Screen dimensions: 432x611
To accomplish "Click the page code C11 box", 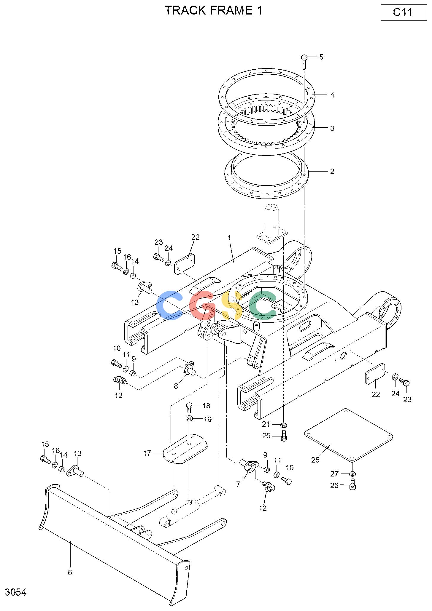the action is click(x=404, y=12).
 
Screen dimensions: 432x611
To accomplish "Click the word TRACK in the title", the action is click(x=185, y=10).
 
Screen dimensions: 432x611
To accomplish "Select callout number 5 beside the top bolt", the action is click(x=321, y=57).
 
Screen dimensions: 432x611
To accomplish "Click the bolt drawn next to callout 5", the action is click(x=304, y=62).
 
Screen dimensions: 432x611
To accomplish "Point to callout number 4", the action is click(x=332, y=95).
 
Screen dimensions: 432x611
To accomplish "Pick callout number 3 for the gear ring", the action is click(x=332, y=128).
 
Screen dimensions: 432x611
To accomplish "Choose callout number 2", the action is click(x=332, y=171).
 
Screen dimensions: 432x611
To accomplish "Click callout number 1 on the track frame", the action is click(x=229, y=238).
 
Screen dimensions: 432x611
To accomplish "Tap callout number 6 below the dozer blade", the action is click(x=70, y=572).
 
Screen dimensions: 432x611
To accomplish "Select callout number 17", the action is click(x=147, y=453).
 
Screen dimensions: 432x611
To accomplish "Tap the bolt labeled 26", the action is click(x=353, y=484).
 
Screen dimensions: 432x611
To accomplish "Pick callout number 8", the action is click(x=176, y=386).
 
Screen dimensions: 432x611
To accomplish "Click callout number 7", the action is click(x=238, y=484).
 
